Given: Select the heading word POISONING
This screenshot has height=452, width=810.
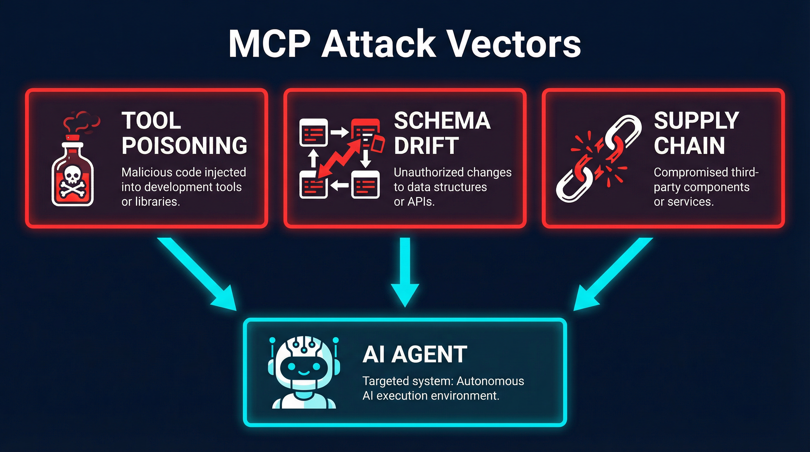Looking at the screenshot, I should point(184,146).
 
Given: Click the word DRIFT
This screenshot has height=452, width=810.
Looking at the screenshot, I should point(426,146).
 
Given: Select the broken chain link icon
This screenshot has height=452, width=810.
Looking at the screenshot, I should point(597,159).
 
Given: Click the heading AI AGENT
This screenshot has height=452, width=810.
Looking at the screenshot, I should point(415,354).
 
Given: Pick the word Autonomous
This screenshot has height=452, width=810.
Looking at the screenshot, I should point(490,381).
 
